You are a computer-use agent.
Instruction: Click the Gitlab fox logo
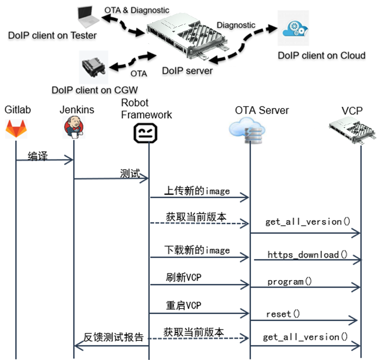16,129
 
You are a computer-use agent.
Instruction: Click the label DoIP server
187,71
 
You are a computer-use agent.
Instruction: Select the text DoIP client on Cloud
322,55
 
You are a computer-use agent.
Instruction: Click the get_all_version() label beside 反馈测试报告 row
305,337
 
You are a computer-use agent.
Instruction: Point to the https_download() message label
307,255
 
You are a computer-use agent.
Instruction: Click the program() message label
290,282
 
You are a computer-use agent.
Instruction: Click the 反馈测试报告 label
113,337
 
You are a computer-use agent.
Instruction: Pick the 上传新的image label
196,191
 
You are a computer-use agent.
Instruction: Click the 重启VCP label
183,306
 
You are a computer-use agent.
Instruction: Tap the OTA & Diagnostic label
137,9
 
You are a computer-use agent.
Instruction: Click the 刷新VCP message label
183,278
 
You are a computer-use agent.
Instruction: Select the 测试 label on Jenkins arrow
130,173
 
